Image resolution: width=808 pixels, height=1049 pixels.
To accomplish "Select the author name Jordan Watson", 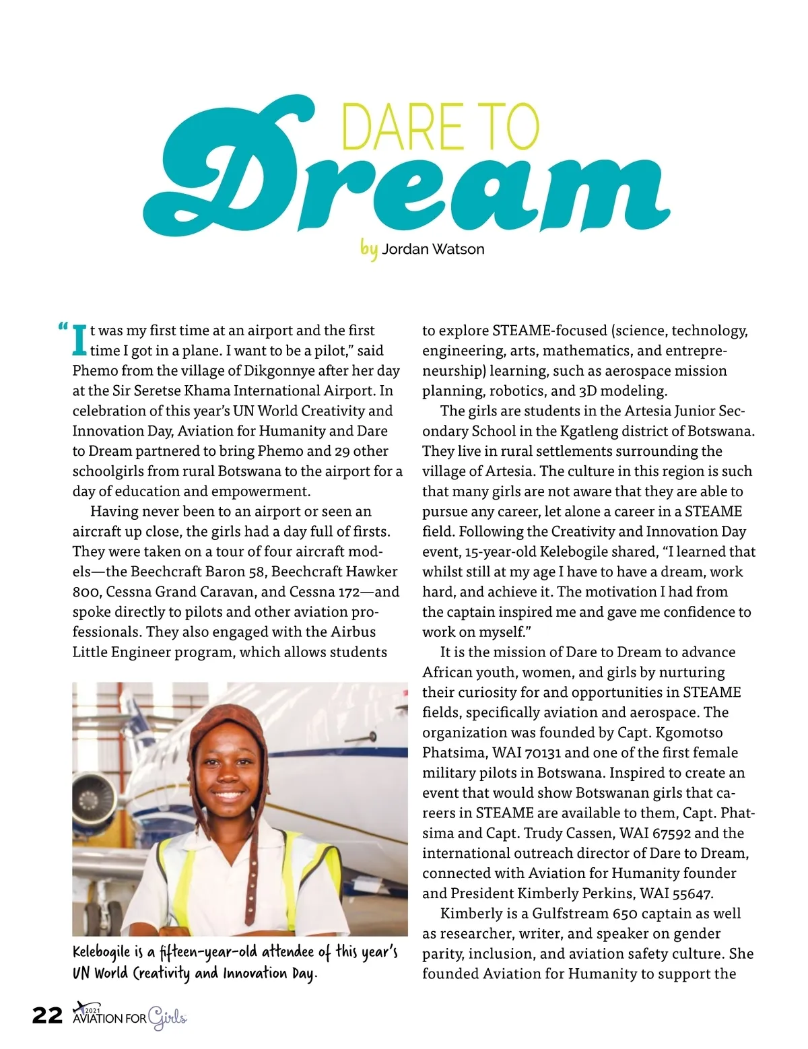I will coord(433,249).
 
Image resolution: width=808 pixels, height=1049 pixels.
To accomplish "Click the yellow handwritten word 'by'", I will coord(368,248).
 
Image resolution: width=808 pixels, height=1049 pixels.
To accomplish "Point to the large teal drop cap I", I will coord(79,340).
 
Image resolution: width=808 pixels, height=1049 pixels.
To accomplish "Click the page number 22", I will coord(47,1015).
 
